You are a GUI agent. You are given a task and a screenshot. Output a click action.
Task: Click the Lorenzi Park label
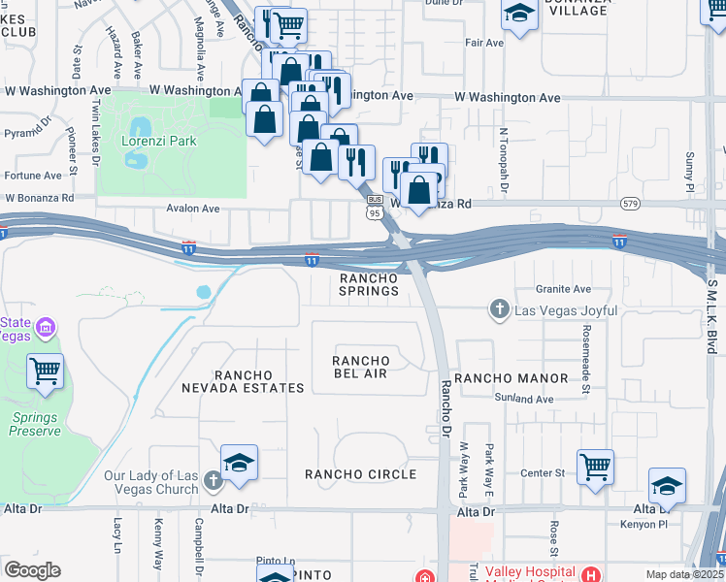point(159,141)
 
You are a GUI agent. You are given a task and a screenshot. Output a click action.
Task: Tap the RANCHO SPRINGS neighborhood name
point(369,284)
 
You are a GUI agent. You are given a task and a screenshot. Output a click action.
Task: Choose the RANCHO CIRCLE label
point(360,474)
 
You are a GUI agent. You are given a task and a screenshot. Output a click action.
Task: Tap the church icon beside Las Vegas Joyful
point(499,309)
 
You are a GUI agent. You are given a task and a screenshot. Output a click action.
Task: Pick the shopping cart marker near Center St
point(595,466)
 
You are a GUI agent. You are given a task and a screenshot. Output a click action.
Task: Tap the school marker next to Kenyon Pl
point(667,486)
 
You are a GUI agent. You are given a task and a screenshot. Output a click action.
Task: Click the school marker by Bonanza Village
point(519,14)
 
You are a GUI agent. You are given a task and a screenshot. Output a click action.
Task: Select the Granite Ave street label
point(563,289)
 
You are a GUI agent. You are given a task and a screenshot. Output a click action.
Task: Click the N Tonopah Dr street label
point(504,160)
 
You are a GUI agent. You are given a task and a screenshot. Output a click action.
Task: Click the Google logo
point(33,570)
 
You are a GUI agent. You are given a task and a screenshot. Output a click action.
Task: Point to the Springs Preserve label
point(35,424)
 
